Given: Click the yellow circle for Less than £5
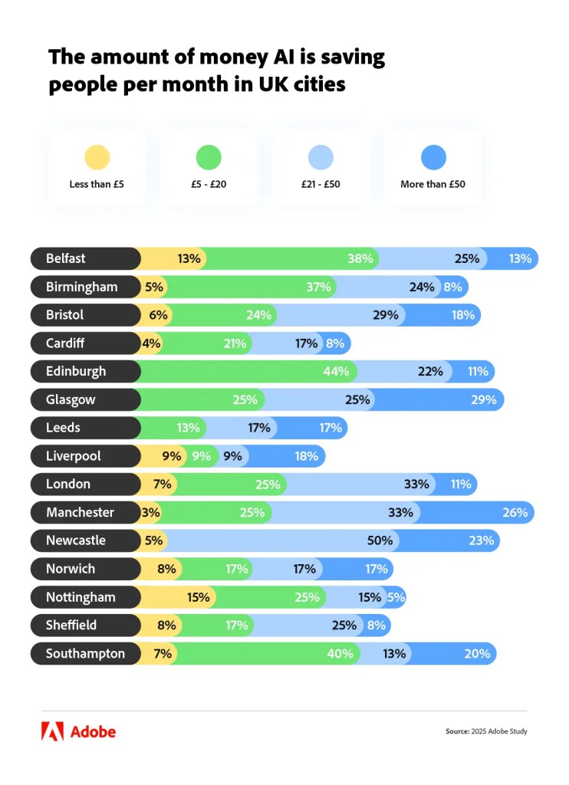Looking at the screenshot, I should (97, 158).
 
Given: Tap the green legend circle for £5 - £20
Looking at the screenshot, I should (209, 158).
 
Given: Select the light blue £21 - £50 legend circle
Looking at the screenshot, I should (321, 158).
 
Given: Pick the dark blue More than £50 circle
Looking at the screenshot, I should (433, 158).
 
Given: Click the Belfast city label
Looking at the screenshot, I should (65, 258).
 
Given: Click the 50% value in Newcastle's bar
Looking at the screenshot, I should (380, 540).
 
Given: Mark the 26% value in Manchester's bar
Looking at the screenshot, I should (515, 512).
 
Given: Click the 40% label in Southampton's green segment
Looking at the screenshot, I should (340, 654).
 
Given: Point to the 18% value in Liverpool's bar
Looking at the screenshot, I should (306, 456).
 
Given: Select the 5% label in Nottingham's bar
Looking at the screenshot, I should (396, 597).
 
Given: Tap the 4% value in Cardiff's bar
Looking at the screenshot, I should (151, 343).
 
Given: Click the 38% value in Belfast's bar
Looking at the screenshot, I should (360, 258).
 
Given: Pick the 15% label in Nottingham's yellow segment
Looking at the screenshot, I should (199, 597).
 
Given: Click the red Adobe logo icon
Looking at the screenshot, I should (52, 731).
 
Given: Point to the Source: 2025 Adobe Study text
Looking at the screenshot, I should (486, 731).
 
